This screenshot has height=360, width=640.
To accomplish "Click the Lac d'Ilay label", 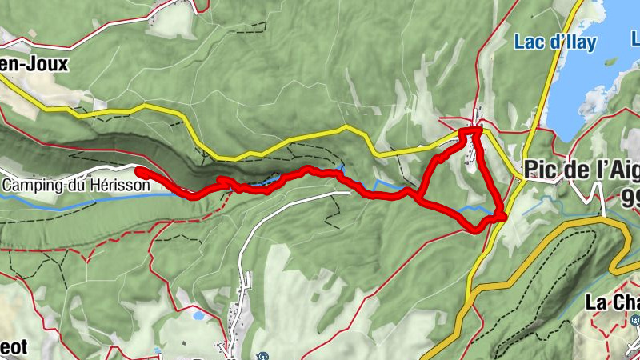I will point(555,43).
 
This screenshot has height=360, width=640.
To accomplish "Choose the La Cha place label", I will point(612,302).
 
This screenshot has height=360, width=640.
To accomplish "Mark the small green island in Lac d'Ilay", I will point(611,61).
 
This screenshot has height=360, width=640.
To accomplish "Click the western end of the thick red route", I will point(138,170).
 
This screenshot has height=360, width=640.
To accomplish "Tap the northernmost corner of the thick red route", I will point(474,130).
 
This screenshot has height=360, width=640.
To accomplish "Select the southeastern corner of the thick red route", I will point(502,216).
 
